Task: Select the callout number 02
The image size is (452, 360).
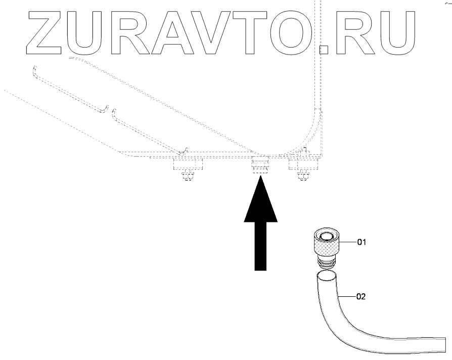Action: pos(361,297)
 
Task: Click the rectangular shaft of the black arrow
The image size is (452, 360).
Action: pos(261,248)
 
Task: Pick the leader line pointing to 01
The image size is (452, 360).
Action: pos(348,243)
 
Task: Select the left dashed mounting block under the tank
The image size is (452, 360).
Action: pos(188,165)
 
